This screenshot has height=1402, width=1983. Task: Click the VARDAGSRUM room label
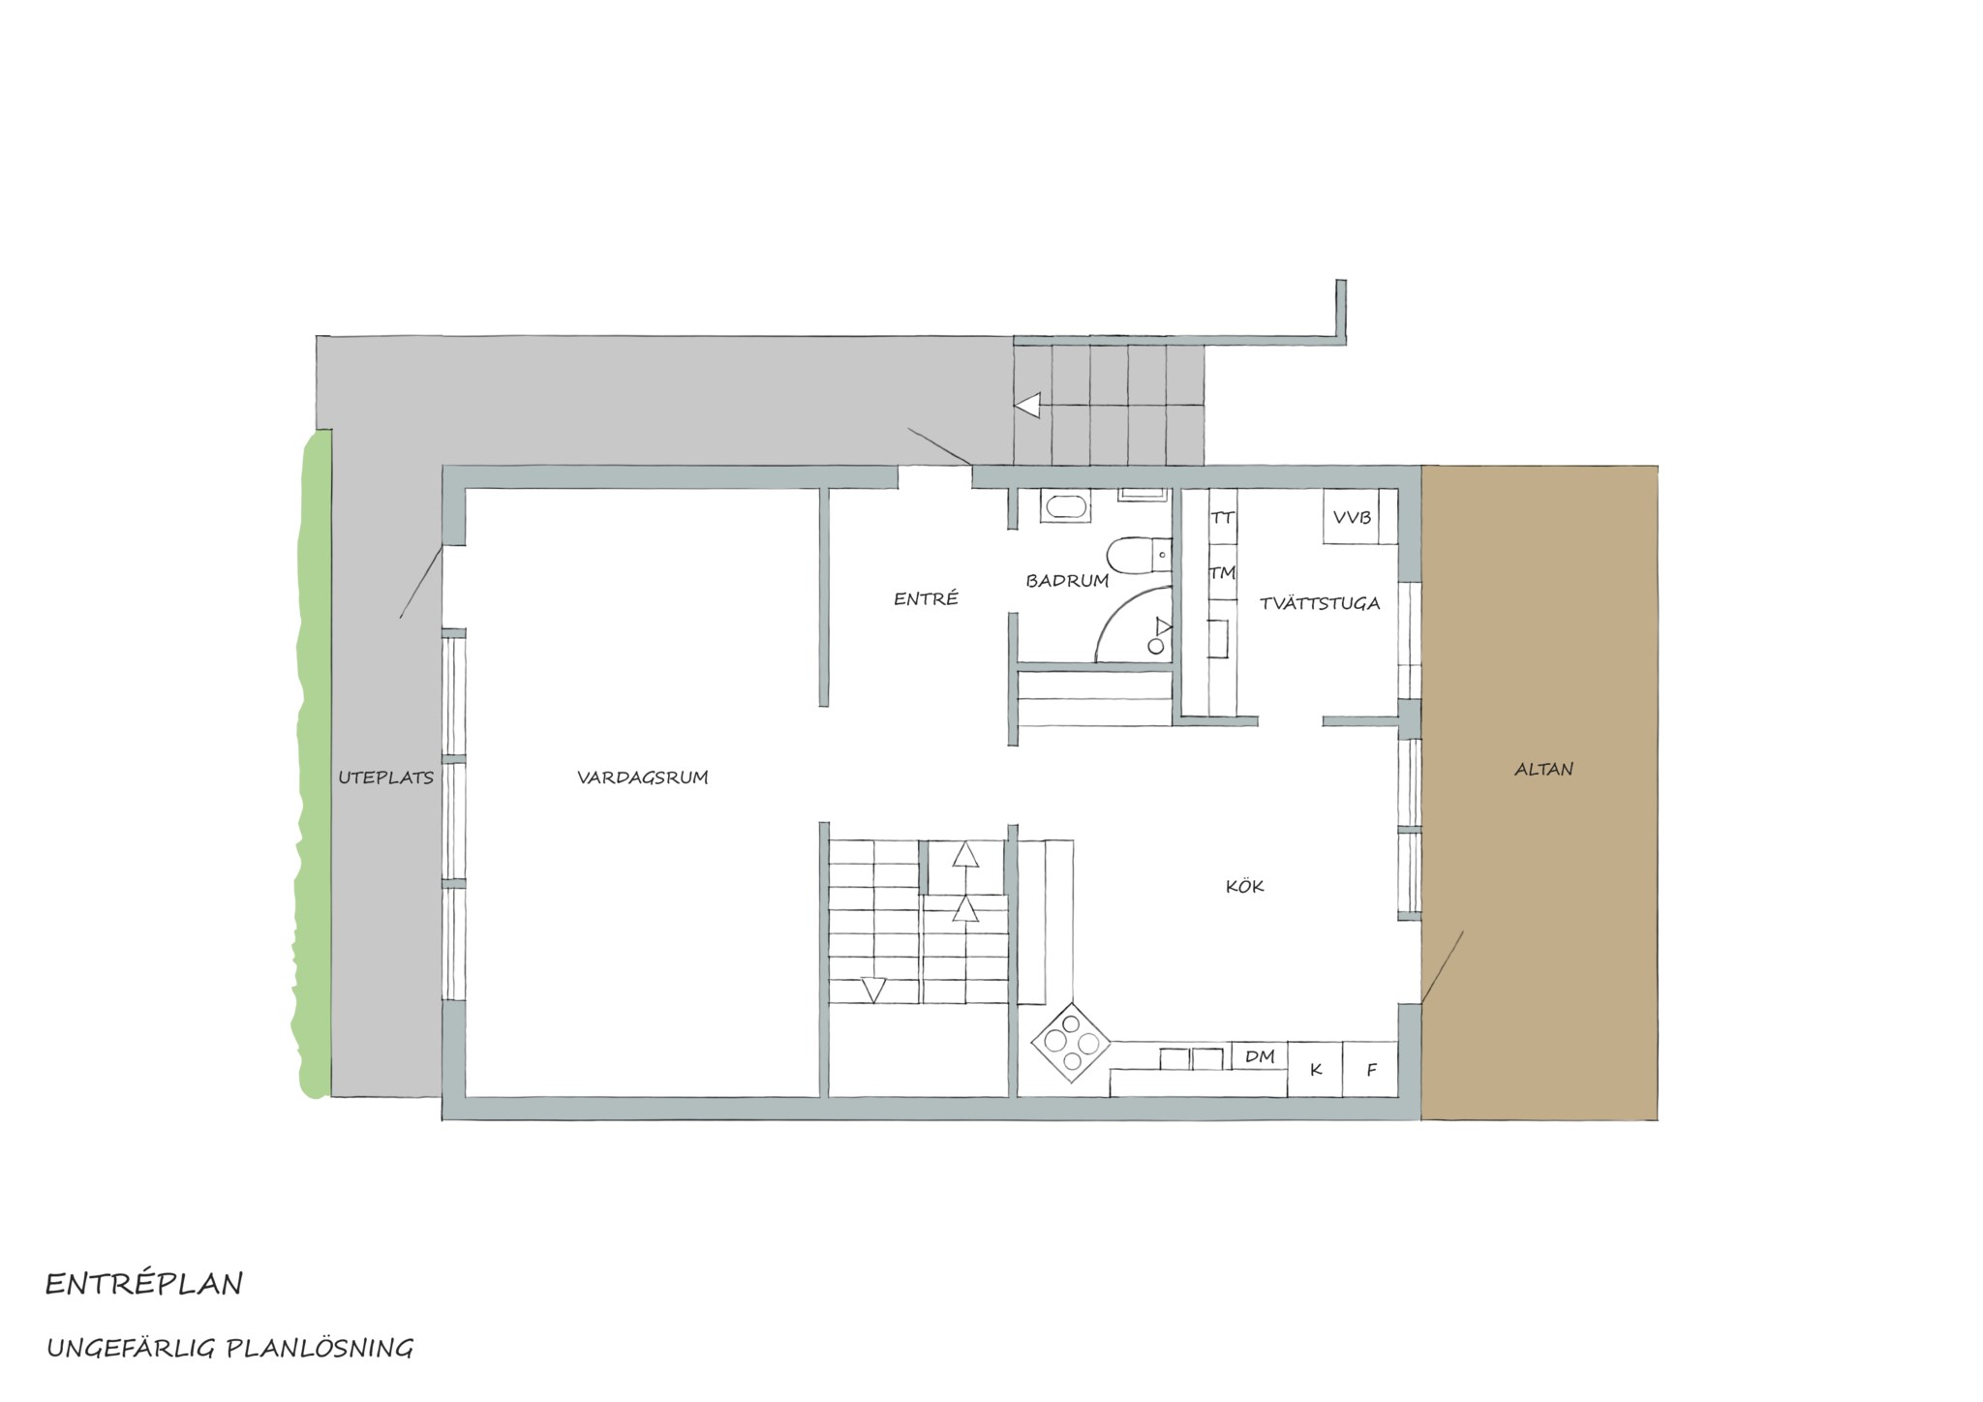click(643, 777)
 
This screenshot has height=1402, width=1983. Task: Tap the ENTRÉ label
click(926, 598)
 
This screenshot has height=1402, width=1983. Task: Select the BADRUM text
click(1067, 581)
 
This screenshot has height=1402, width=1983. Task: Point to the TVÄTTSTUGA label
click(1320, 603)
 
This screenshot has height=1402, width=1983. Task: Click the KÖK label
click(1245, 886)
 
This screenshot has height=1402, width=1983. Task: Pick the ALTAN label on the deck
click(1543, 770)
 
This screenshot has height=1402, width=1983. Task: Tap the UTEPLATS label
click(385, 777)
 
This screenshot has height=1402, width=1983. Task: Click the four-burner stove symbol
click(1071, 1043)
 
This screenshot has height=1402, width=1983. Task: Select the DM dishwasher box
click(1260, 1056)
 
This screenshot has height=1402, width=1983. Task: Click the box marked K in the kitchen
click(1315, 1070)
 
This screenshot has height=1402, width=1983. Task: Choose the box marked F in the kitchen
click(1370, 1070)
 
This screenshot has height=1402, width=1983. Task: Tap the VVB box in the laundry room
click(1352, 517)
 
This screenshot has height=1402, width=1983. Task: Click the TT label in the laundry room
click(1223, 518)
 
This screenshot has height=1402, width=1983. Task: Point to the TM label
click(1223, 573)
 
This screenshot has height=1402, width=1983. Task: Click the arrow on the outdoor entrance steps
click(1027, 405)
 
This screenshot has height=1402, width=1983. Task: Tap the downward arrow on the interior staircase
click(873, 991)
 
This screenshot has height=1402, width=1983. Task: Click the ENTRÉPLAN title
click(144, 1285)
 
